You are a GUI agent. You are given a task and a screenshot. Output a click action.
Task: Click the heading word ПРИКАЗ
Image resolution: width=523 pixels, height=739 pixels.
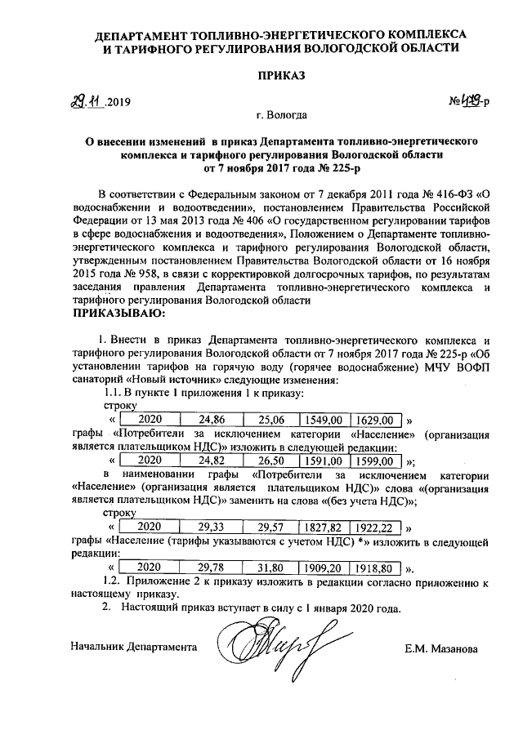[280, 75]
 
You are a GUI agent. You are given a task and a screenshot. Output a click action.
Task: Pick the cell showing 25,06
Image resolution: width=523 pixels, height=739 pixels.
[268, 420]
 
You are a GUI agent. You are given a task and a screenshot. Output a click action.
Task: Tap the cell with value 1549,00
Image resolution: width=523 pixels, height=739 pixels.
[322, 420]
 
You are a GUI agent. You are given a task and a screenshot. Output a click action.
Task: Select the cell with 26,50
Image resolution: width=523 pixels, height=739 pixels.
[268, 461]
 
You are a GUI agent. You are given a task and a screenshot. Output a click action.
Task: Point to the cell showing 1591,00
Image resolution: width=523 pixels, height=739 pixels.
[322, 461]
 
